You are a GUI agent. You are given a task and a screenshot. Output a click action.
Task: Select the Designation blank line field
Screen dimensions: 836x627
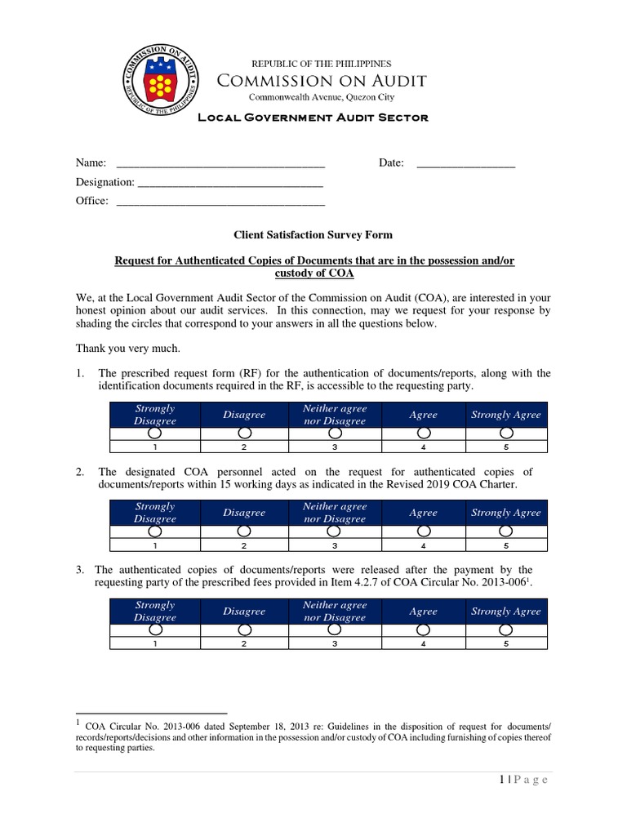click(230, 183)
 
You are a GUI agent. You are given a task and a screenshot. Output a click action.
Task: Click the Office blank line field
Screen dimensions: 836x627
click(220, 202)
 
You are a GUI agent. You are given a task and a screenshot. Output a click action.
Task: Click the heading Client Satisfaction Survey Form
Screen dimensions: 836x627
click(313, 235)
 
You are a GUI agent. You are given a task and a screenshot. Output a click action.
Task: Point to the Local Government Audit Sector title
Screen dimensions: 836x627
click(313, 118)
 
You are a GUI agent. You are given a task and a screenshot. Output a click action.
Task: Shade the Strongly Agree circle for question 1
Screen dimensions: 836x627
click(506, 434)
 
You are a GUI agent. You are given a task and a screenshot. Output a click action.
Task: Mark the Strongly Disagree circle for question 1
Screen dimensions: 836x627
click(155, 434)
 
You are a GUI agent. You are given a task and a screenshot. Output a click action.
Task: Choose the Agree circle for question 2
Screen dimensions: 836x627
click(423, 531)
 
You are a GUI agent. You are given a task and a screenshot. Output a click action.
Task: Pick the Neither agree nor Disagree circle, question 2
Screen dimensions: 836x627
click(334, 531)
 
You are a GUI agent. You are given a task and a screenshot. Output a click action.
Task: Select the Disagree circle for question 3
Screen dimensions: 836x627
click(244, 630)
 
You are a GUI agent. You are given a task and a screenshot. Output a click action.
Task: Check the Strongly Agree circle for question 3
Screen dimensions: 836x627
click(506, 630)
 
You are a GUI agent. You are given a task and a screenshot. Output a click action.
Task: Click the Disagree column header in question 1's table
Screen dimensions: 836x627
click(244, 415)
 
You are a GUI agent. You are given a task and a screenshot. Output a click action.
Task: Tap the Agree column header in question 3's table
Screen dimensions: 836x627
click(423, 611)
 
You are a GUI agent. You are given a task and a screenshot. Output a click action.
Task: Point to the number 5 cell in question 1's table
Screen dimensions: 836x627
click(506, 447)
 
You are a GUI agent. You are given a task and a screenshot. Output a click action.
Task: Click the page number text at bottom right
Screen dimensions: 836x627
click(522, 780)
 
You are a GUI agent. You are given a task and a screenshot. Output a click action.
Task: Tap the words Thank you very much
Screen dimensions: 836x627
click(127, 348)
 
